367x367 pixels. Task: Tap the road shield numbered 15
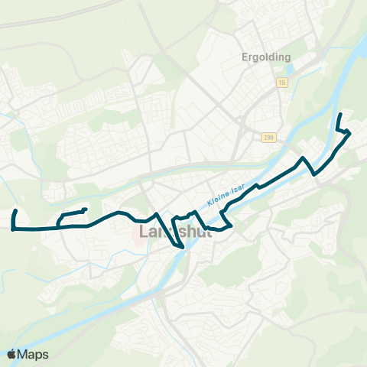click(x=282, y=83)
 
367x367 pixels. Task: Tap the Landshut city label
click(x=174, y=232)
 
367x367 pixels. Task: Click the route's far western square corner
click(x=13, y=227)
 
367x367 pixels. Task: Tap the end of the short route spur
click(x=84, y=209)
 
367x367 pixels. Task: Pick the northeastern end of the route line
click(x=340, y=115)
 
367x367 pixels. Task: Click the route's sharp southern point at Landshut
click(x=183, y=248)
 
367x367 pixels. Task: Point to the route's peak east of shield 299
click(x=304, y=158)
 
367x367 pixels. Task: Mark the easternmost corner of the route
click(x=350, y=134)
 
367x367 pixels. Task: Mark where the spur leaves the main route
click(x=60, y=226)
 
